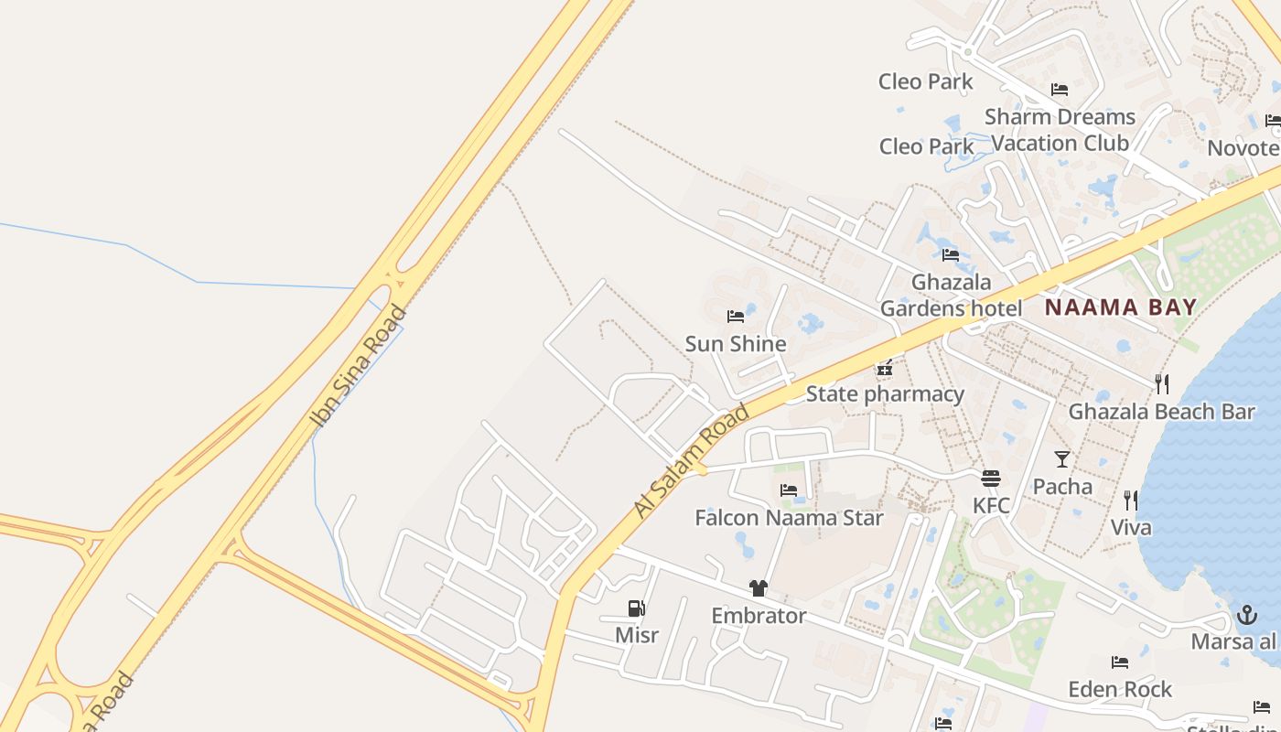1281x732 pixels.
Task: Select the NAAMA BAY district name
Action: tap(1121, 307)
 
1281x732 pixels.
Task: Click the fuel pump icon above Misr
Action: tap(636, 608)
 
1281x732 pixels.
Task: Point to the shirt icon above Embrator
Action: tap(758, 588)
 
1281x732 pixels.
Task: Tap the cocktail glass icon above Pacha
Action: tap(1061, 459)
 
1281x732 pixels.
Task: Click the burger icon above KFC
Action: tap(990, 479)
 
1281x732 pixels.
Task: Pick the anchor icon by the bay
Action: tap(1246, 615)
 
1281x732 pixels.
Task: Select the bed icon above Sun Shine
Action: tap(736, 317)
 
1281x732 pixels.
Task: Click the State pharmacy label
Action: tap(885, 394)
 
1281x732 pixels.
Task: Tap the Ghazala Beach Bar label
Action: tap(1161, 412)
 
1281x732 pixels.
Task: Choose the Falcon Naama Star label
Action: tap(789, 518)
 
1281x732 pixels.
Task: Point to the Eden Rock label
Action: tap(1120, 689)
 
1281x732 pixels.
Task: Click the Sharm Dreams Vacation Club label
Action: tap(1060, 130)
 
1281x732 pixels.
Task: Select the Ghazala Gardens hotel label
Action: tap(951, 296)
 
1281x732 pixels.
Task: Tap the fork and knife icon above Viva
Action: tap(1131, 501)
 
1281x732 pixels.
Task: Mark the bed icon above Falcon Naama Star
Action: tap(789, 490)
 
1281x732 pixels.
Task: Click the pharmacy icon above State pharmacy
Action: tap(884, 369)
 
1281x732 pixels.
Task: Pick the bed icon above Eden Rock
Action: tap(1120, 662)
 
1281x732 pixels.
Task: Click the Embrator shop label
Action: tap(759, 616)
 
